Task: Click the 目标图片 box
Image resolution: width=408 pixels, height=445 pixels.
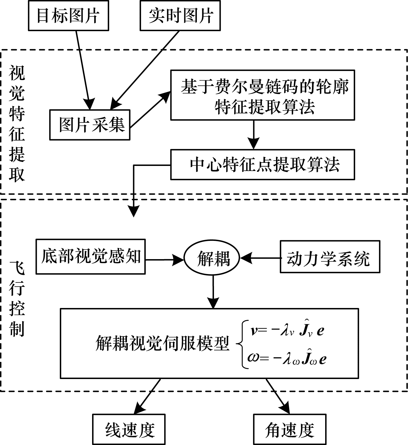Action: point(68,16)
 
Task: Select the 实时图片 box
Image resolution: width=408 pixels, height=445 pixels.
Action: point(180,16)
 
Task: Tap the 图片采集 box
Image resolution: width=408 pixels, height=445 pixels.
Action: point(90,125)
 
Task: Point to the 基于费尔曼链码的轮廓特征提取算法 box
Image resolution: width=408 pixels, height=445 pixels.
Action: point(263,95)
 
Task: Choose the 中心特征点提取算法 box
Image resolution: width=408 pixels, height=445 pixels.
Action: point(263,165)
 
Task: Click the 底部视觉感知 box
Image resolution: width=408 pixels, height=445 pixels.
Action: point(90,256)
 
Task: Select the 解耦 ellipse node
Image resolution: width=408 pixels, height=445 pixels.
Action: point(212,258)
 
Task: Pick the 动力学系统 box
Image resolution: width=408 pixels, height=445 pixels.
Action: point(330,257)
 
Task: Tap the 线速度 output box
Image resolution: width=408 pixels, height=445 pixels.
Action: point(129,430)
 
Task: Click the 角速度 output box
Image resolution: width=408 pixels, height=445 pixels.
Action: point(290,430)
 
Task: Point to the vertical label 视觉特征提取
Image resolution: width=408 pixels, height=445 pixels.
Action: point(17,124)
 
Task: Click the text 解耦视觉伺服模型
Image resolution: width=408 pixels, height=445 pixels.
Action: point(162,343)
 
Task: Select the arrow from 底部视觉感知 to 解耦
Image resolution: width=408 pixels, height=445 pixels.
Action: point(164,260)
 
